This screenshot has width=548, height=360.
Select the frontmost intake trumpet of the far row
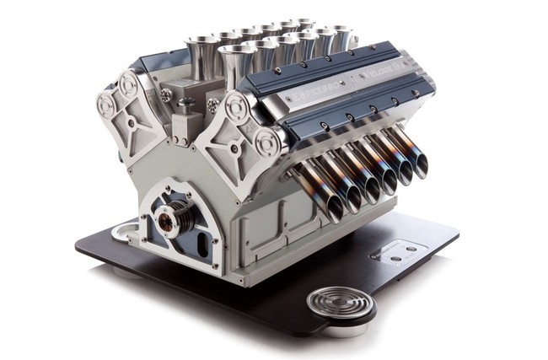[200, 46]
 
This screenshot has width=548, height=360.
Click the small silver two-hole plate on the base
[399, 250]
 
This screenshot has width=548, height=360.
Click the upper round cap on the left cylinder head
[129, 85]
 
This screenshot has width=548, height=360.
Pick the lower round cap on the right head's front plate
[268, 142]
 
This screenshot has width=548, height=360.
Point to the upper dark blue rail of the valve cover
[337, 67]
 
